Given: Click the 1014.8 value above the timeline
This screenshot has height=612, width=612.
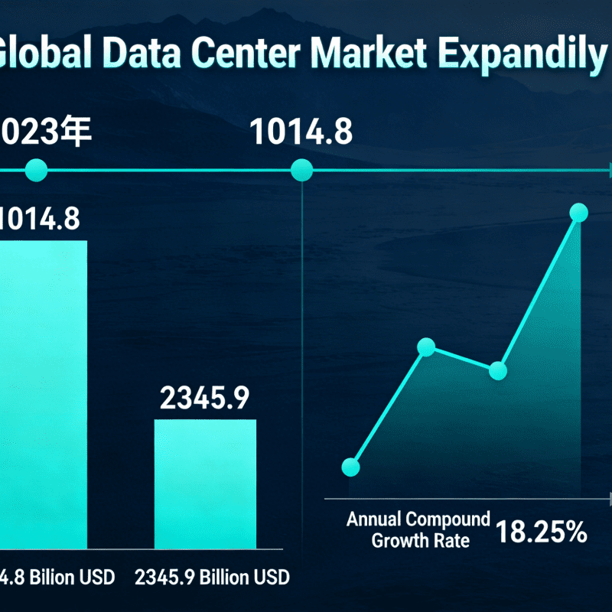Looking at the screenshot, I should [302, 132].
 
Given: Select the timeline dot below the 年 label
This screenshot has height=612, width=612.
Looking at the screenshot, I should [36, 171].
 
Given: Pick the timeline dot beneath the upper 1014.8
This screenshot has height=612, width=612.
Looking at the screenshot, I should [302, 171].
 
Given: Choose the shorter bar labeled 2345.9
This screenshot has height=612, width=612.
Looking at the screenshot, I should [205, 482].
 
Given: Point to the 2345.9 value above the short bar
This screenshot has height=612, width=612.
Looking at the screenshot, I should [205, 397].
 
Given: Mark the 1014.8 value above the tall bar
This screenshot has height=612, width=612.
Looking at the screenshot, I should [38, 220].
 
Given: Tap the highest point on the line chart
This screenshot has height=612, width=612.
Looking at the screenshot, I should [579, 213].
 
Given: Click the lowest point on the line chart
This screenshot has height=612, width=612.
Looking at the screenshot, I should [351, 467].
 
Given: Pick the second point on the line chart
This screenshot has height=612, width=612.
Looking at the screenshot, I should [427, 348].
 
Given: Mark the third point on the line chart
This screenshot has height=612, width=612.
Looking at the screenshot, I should [498, 371].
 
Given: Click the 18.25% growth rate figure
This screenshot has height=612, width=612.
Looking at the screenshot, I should [540, 532].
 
